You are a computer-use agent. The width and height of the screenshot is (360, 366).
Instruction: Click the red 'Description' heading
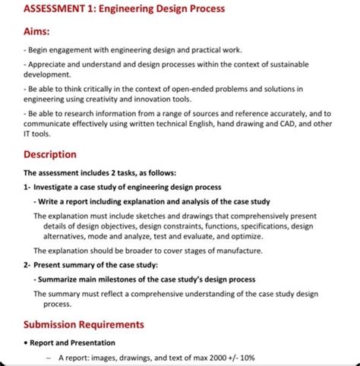(x=50, y=154)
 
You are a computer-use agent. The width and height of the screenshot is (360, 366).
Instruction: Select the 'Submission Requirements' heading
(x=84, y=324)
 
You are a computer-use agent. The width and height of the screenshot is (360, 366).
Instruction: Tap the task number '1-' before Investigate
(x=27, y=186)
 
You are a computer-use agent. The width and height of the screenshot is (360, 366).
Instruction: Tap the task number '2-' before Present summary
(x=27, y=265)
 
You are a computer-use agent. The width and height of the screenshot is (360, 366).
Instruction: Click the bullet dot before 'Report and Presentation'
(x=27, y=342)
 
